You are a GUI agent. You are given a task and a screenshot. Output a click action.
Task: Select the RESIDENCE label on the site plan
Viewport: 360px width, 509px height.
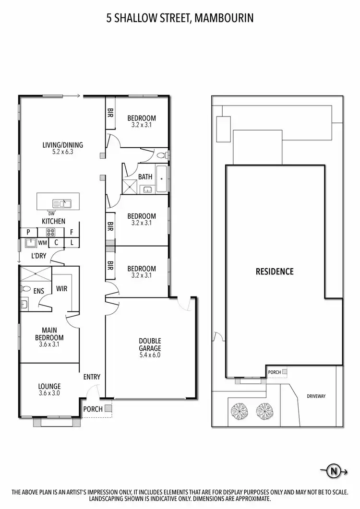coord(274,272)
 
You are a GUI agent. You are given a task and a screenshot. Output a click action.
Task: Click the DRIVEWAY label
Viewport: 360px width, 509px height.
coord(316,396)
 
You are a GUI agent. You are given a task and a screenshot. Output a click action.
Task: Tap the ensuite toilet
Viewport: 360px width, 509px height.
coord(25,289)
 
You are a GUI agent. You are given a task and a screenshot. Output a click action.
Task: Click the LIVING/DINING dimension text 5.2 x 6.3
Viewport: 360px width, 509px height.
coord(63,152)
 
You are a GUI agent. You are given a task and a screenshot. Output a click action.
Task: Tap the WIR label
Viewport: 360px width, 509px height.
coord(61,289)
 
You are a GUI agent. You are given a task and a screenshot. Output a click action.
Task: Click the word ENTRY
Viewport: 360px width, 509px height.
coord(91,377)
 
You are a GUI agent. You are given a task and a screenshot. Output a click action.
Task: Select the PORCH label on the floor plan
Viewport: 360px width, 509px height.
coord(93,409)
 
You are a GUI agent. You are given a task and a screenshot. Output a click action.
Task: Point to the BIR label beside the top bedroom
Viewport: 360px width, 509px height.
coord(110,114)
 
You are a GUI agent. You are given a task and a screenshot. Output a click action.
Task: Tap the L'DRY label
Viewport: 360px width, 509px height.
coord(39,256)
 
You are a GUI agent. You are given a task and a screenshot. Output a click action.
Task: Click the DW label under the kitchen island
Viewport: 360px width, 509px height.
coord(51,213)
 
